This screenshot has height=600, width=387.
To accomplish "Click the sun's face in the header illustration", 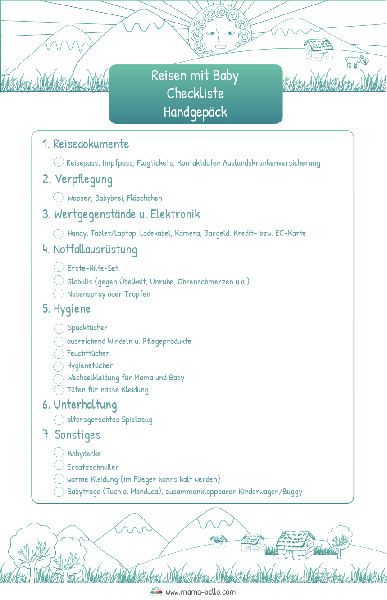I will pos(219,34).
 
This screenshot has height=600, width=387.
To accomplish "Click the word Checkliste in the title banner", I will pos(196,94).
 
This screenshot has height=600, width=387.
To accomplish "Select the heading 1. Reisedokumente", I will pos(86,144).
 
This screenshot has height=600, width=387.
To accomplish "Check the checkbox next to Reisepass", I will pos(59,162).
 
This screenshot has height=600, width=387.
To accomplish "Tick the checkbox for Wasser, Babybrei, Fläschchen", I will pos(59,197).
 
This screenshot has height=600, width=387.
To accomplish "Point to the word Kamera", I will pos(187,233).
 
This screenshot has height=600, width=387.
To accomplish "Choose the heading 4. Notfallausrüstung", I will pos(90,249).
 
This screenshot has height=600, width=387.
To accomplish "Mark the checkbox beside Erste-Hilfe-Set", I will pos(59,267).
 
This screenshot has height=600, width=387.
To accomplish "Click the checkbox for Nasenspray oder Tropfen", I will pos(59,293).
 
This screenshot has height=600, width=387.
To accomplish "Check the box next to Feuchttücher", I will pos(59,353).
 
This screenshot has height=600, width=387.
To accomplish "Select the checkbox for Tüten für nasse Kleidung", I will pos(59,390).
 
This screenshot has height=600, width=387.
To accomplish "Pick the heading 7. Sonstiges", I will pos(72,435).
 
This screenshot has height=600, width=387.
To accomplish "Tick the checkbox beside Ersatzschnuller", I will pos(59,465).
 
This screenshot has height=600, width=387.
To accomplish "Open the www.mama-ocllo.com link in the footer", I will pos(200,592).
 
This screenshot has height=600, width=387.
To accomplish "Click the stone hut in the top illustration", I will pos(319,49).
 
